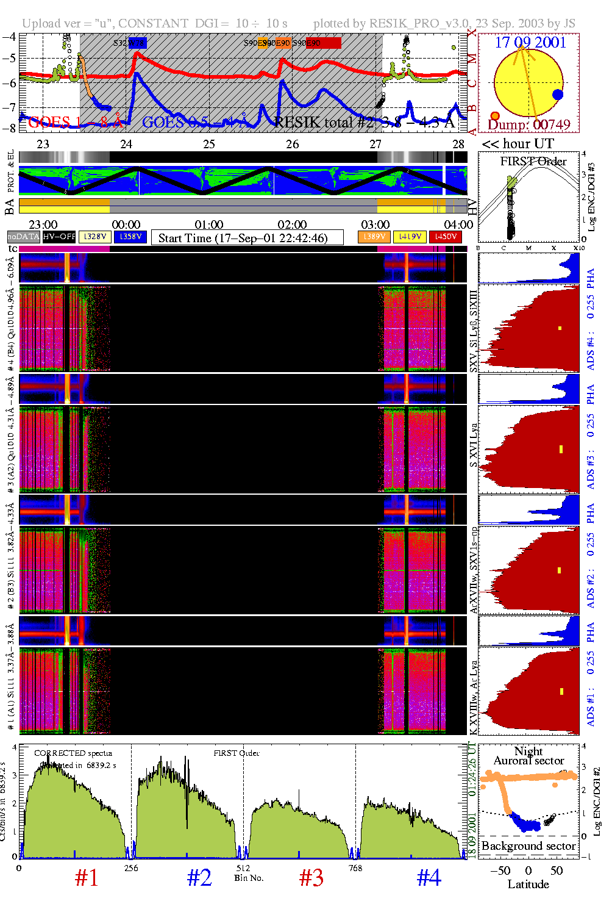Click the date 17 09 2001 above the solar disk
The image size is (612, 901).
[x=530, y=43]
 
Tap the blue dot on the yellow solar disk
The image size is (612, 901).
[x=557, y=95]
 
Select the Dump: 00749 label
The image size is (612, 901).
[x=529, y=125]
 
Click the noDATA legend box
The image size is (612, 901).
[x=24, y=237]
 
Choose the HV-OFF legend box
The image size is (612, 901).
[x=59, y=237]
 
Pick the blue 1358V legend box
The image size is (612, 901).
[x=130, y=237]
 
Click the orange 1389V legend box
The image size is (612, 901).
[x=374, y=237]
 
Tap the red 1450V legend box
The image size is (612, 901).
[x=446, y=237]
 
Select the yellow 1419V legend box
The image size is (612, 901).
[x=410, y=237]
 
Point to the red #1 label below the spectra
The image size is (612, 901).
[x=87, y=878]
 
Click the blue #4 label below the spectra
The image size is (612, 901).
[x=429, y=878]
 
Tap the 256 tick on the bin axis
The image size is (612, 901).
[x=131, y=868]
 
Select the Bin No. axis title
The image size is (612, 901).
[x=249, y=878]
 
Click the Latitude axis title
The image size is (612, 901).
[x=528, y=884]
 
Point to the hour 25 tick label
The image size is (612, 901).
[x=209, y=144]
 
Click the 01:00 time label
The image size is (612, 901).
[x=209, y=224]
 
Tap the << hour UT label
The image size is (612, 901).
[x=518, y=144]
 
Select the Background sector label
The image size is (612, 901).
[x=528, y=846]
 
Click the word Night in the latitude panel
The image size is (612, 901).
[x=528, y=751]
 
